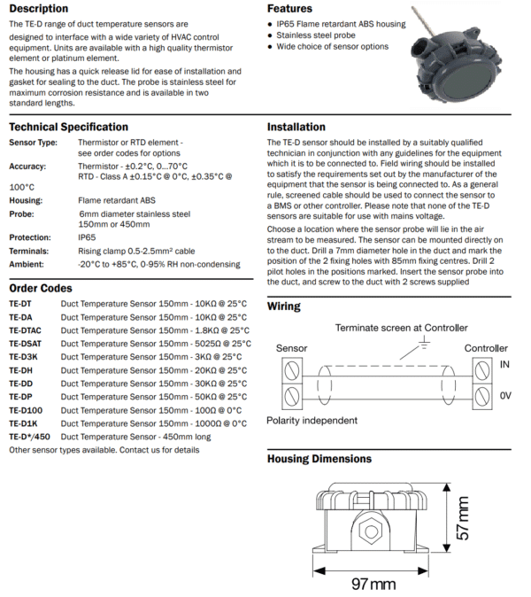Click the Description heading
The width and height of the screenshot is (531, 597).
(x=39, y=9)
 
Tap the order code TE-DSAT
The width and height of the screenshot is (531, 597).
(x=27, y=343)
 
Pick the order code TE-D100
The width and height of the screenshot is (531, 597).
(x=27, y=409)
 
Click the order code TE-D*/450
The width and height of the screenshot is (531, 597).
(x=30, y=436)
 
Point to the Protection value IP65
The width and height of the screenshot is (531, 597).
(x=87, y=237)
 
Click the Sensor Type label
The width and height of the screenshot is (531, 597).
(x=33, y=142)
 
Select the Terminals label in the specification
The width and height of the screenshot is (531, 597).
(x=31, y=251)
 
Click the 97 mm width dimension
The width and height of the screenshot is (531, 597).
(x=373, y=585)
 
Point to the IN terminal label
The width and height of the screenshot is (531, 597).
(x=504, y=363)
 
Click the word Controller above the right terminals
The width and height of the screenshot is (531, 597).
(x=486, y=348)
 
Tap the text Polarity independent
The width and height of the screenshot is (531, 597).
(x=312, y=420)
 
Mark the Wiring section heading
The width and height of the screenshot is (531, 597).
(x=284, y=306)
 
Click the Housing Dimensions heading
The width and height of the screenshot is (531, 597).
(x=319, y=459)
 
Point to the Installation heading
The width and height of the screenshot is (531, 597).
(x=296, y=127)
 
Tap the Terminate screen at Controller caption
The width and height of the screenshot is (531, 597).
(x=401, y=328)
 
